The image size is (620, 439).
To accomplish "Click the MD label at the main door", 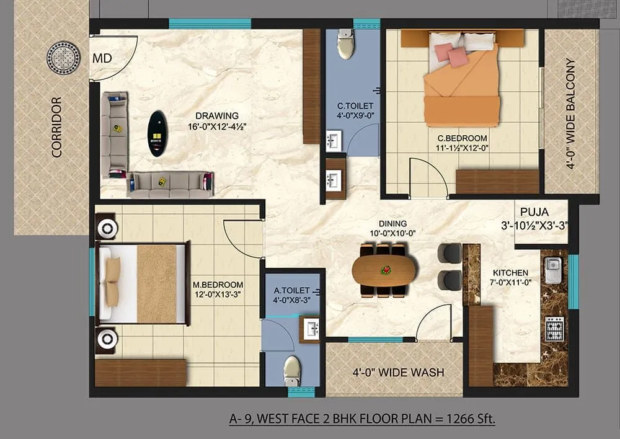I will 102,59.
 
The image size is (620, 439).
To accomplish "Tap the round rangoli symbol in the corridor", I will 63,58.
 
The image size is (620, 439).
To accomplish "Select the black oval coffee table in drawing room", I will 157,133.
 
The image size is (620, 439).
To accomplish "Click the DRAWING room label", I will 217,115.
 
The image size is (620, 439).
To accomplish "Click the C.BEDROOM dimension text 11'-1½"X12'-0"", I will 462,148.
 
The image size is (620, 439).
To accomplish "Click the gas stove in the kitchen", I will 554,329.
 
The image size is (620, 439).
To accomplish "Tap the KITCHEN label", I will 510,273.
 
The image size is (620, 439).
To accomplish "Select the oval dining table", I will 384,270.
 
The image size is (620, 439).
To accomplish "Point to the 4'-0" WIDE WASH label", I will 398,373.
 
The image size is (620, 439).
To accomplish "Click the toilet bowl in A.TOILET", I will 292,370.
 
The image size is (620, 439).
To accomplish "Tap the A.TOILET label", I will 291,290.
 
